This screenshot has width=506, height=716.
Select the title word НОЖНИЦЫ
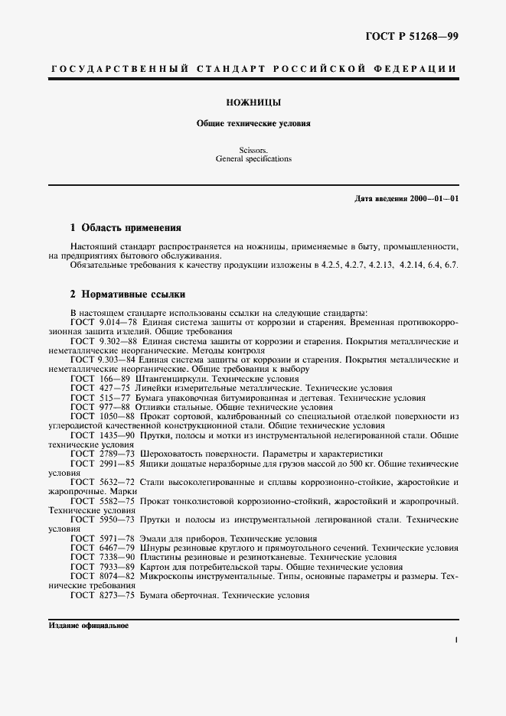tap(253, 102)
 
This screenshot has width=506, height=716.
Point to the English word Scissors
tap(253, 151)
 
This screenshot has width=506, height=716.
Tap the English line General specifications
tap(253, 160)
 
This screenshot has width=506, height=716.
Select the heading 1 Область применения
tap(126, 227)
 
